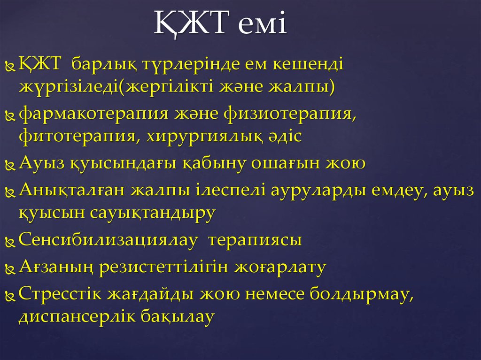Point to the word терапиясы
click(x=255, y=241)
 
